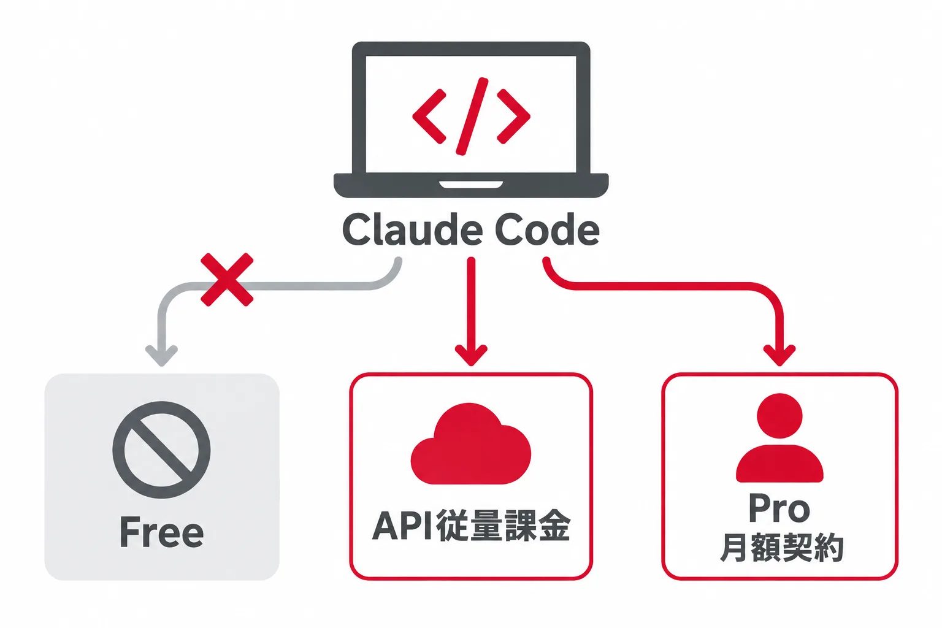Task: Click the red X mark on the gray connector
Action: click(x=227, y=280)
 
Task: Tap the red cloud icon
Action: click(x=470, y=443)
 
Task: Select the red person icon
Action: click(x=779, y=437)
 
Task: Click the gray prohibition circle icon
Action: click(x=161, y=450)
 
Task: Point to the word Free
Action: click(x=162, y=532)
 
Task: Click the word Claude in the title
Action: click(x=412, y=229)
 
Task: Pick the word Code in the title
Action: click(x=547, y=229)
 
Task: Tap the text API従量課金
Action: click(x=471, y=526)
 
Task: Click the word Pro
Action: click(x=779, y=508)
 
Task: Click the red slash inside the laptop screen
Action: click(x=472, y=116)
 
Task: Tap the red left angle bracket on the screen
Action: click(x=429, y=117)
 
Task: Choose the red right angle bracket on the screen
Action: click(x=513, y=117)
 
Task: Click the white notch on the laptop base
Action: click(x=471, y=185)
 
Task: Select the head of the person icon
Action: click(x=779, y=416)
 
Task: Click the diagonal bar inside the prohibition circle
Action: click(x=161, y=450)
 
